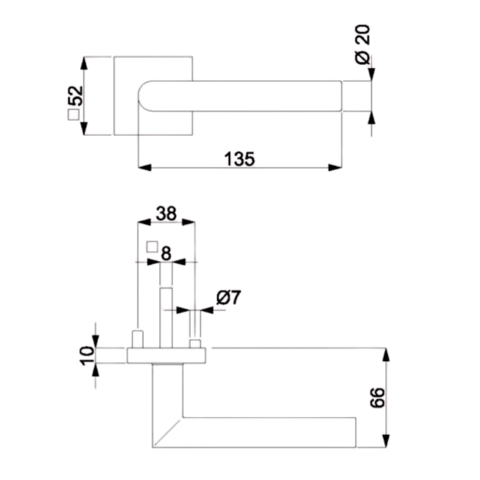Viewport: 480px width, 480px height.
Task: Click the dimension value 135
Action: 239,158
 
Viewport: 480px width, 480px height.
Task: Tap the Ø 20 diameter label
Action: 363,44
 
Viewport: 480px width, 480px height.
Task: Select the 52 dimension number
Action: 76,96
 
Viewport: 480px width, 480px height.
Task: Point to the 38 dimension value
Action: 166,214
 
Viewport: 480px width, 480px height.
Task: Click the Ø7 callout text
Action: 229,297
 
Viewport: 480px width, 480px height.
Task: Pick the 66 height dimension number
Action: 377,397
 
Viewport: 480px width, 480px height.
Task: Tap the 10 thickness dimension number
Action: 87,356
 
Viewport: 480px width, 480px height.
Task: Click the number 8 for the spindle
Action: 166,253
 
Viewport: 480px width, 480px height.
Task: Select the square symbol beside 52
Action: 73,115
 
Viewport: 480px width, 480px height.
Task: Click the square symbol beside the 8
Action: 152,247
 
